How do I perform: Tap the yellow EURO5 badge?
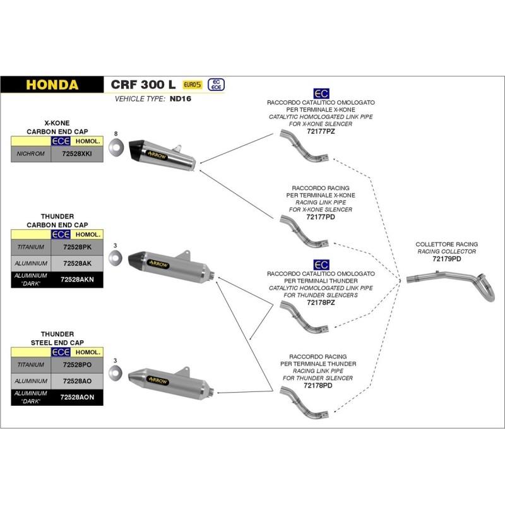(192, 85)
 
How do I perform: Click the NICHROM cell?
(30, 153)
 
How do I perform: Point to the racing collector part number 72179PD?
(446, 259)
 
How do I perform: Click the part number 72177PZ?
(321, 131)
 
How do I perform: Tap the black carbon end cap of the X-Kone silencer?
(140, 150)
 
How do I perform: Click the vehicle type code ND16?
(179, 99)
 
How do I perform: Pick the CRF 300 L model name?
(143, 85)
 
